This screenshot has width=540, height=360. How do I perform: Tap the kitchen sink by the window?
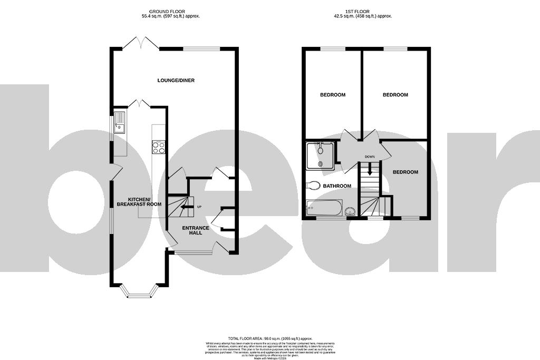pos(119,122)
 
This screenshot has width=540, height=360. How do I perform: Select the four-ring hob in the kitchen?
pos(159,147)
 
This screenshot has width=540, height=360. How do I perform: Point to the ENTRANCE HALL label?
pos(196,230)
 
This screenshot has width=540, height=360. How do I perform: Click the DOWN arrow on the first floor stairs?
pos(370,169)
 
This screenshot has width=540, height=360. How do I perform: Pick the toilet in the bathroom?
pos(314,185)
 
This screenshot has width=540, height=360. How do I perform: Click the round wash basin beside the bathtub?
pos(350,212)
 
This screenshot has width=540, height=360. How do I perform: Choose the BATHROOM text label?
pos(337,186)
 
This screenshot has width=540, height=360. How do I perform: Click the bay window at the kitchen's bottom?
pos(139,291)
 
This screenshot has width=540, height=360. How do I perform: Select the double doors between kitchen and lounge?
pos(139,103)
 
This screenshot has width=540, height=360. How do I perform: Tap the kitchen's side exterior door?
pos(116,171)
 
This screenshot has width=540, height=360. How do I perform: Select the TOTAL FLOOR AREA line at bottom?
pos(270,338)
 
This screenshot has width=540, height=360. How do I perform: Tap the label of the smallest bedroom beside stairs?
pos(405,172)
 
